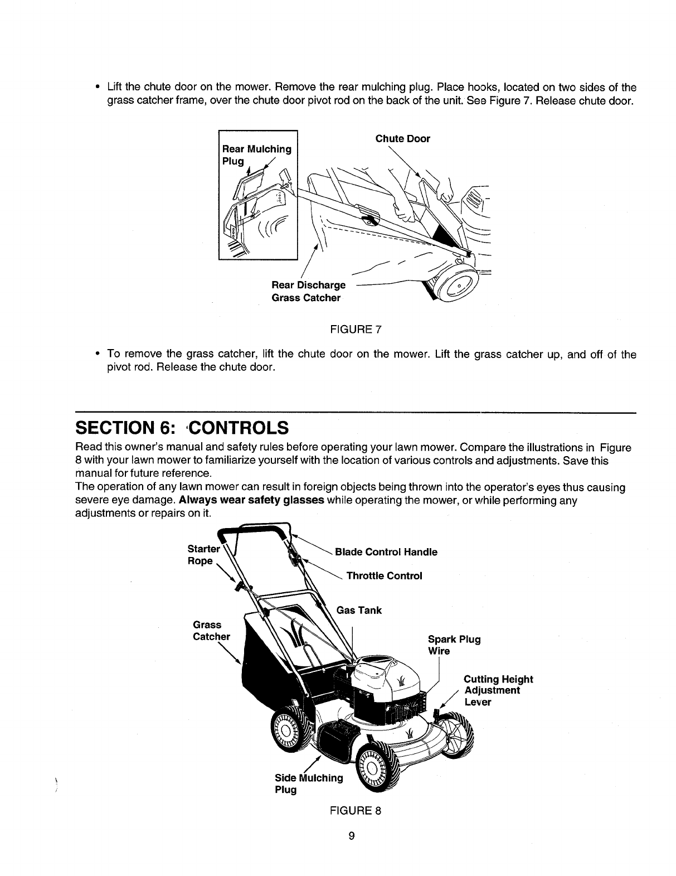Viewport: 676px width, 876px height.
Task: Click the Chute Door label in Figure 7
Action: [x=402, y=139]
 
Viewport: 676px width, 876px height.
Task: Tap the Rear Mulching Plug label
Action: [x=256, y=155]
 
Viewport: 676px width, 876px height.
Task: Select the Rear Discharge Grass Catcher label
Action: [x=308, y=292]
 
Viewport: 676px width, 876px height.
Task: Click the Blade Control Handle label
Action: [x=386, y=552]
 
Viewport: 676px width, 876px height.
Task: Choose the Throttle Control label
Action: [x=384, y=575]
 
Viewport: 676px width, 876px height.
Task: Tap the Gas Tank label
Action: [x=359, y=610]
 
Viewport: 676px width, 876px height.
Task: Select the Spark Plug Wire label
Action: [x=454, y=645]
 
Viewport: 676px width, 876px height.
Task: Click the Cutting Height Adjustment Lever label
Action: [x=498, y=690]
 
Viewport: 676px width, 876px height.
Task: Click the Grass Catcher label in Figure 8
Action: [x=211, y=631]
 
